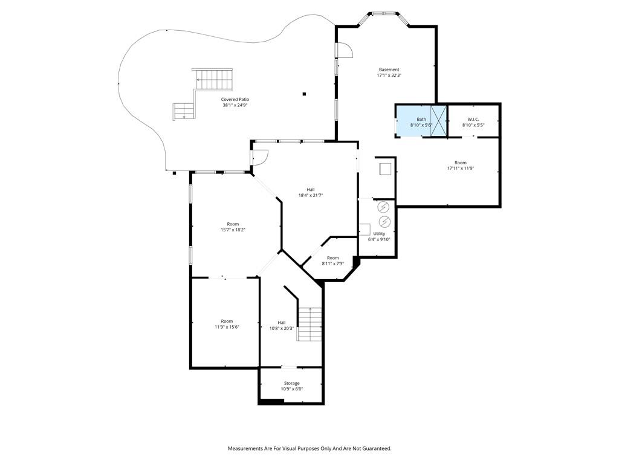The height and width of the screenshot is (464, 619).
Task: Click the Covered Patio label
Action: pyautogui.click(x=235, y=99)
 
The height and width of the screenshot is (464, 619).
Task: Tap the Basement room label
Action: pyautogui.click(x=389, y=69)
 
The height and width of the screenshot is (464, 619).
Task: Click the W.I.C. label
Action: pyautogui.click(x=473, y=119)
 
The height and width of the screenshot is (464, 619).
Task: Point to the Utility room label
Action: pyautogui.click(x=379, y=233)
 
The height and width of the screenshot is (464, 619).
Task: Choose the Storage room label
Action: pyautogui.click(x=292, y=383)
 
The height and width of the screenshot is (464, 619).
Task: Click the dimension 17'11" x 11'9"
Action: pyautogui.click(x=461, y=169)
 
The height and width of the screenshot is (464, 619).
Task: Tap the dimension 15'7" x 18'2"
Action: pyautogui.click(x=233, y=230)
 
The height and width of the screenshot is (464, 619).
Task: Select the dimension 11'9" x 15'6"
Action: pyautogui.click(x=227, y=327)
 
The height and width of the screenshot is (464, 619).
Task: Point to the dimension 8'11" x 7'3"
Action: pyautogui.click(x=333, y=263)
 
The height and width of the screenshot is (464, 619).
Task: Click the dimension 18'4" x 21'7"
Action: pyautogui.click(x=311, y=195)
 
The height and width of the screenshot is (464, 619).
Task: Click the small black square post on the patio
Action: pyautogui.click(x=305, y=94)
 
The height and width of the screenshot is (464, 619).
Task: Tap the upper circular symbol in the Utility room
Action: pyautogui.click(x=384, y=207)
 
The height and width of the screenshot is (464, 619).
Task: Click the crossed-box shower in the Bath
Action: pyautogui.click(x=438, y=121)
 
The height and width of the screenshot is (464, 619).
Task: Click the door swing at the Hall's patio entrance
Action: pyautogui.click(x=261, y=157)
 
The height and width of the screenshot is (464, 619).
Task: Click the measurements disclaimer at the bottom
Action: pyautogui.click(x=309, y=448)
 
